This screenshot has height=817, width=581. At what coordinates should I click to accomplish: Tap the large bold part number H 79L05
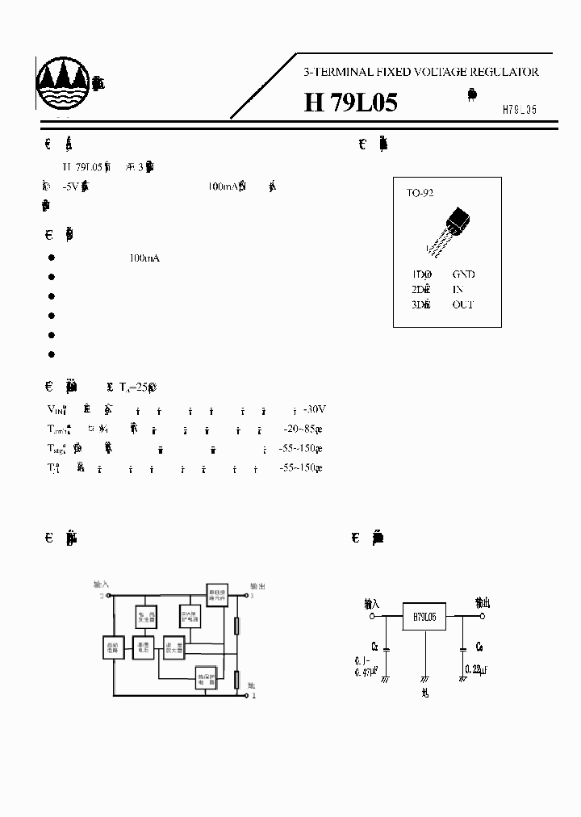click(x=350, y=103)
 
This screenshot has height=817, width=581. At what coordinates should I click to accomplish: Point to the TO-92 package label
click(x=420, y=193)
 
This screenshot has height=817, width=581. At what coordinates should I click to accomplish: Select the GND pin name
click(x=463, y=274)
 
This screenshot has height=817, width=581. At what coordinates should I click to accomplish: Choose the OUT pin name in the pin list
click(x=463, y=304)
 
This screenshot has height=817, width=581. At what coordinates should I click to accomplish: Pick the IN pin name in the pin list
click(x=458, y=289)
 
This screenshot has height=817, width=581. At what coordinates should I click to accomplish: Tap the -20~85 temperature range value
click(x=299, y=428)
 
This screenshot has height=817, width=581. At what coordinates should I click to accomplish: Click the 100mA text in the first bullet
click(x=144, y=258)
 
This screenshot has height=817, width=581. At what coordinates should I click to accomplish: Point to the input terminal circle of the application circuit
click(x=373, y=616)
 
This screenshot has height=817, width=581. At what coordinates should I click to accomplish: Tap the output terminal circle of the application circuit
click(x=483, y=616)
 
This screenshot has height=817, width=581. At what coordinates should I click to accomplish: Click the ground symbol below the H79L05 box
click(x=424, y=680)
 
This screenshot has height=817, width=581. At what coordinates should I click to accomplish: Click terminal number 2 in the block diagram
click(x=102, y=596)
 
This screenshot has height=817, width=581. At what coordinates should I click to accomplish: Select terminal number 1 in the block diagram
click(x=255, y=695)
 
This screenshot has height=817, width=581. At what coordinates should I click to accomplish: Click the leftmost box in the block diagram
click(x=112, y=647)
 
